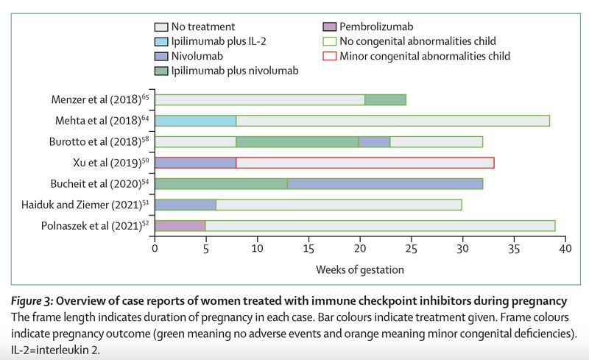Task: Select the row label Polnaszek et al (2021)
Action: pyautogui.click(x=93, y=225)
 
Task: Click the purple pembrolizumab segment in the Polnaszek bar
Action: pyautogui.click(x=180, y=225)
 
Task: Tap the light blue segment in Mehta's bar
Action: pyautogui.click(x=195, y=121)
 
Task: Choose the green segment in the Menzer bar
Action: pyautogui.click(x=385, y=99)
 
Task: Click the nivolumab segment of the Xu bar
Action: pyautogui.click(x=195, y=163)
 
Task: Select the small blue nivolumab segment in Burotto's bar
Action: pyautogui.click(x=374, y=141)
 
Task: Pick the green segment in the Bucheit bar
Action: pyautogui.click(x=221, y=183)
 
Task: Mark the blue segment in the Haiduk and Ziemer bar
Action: pyautogui.click(x=185, y=205)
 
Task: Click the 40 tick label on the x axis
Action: pyautogui.click(x=565, y=249)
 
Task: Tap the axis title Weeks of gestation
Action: pyautogui.click(x=360, y=269)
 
